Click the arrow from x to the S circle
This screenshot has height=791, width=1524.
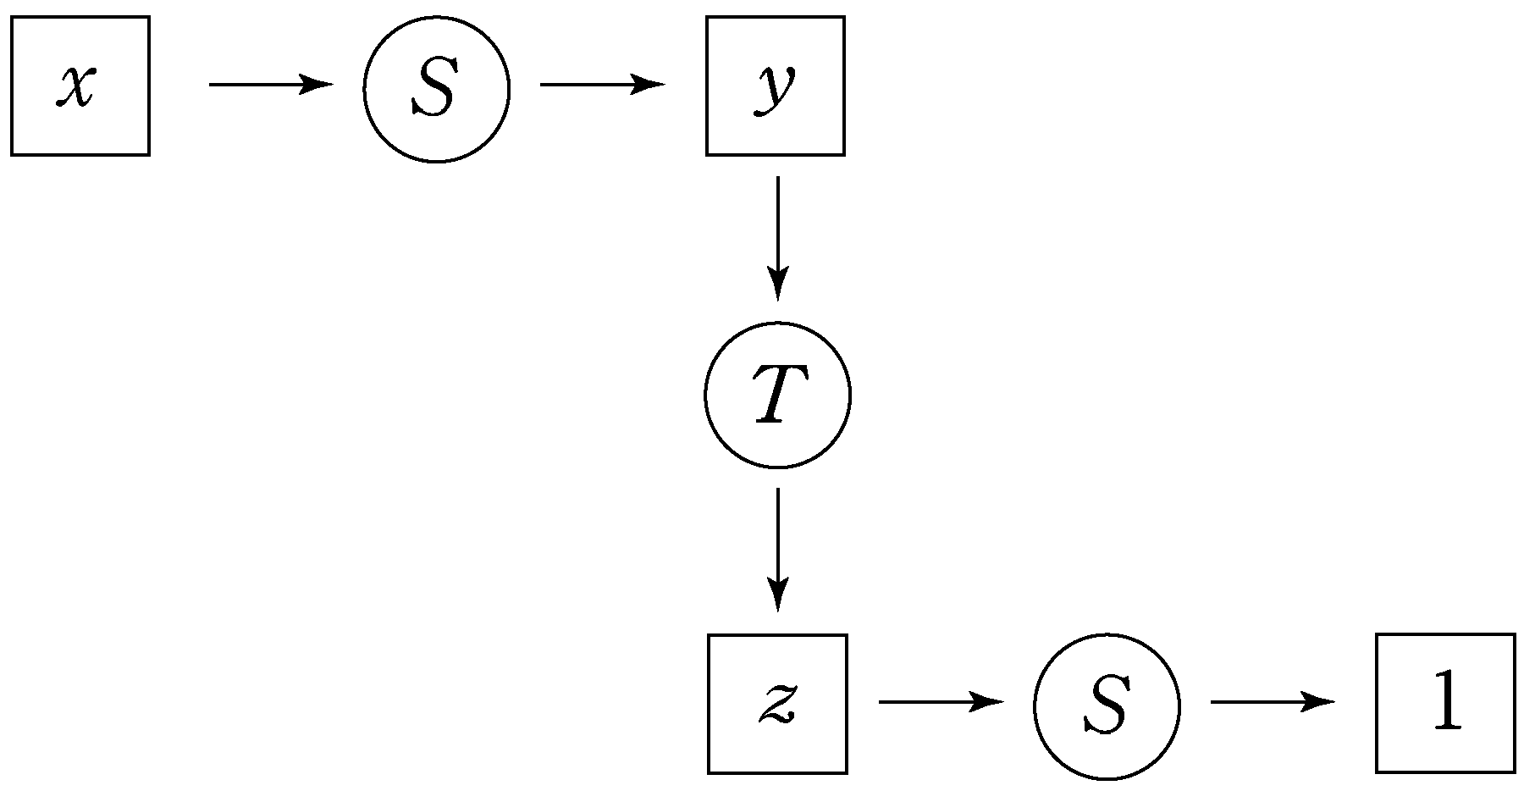coord(271,85)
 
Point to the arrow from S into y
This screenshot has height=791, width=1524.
coord(602,85)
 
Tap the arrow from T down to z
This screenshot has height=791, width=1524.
coord(777,550)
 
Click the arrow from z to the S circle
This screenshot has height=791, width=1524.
coord(941,702)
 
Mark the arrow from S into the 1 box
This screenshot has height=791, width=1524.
coord(1273,702)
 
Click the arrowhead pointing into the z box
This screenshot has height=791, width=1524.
coord(777,595)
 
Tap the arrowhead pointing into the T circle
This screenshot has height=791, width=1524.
coord(777,285)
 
